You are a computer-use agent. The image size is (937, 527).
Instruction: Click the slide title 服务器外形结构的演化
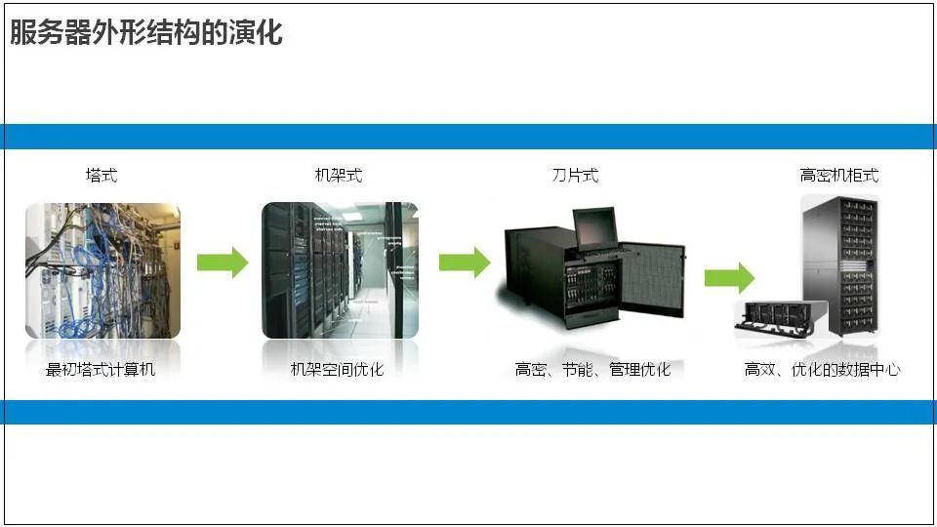(x=146, y=33)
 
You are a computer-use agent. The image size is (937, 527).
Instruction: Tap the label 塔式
(x=102, y=176)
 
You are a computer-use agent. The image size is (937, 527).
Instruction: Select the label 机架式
(x=339, y=176)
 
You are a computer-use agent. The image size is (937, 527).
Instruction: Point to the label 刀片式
(x=575, y=176)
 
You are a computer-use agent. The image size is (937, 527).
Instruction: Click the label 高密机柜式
(x=838, y=176)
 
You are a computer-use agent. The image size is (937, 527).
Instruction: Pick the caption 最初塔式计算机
(x=101, y=370)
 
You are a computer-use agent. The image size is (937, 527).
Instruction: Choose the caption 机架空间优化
(x=338, y=370)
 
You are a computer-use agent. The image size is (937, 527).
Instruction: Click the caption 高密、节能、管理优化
(x=592, y=370)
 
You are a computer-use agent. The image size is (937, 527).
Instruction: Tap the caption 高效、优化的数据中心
(x=822, y=370)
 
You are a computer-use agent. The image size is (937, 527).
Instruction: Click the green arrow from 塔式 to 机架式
(x=223, y=263)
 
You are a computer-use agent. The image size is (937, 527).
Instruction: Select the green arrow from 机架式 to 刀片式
(x=464, y=263)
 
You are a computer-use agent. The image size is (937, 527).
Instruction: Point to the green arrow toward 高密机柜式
(x=729, y=277)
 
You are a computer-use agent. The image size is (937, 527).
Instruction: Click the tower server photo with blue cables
(x=102, y=270)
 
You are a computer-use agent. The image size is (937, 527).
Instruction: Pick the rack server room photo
(x=340, y=270)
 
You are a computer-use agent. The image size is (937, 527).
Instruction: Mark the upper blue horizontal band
(x=468, y=137)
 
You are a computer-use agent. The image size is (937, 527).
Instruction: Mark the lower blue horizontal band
(x=468, y=412)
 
